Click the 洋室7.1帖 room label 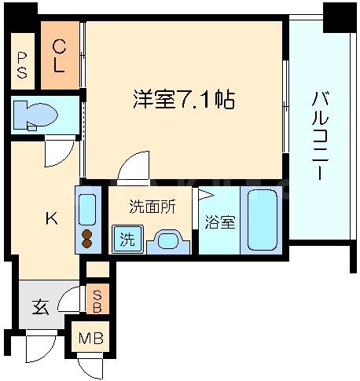[183, 101]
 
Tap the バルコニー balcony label [320, 135]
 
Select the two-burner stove [88, 238]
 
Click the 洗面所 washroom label [152, 208]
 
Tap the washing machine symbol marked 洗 [127, 240]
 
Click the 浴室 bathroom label [220, 222]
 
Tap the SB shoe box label [97, 302]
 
